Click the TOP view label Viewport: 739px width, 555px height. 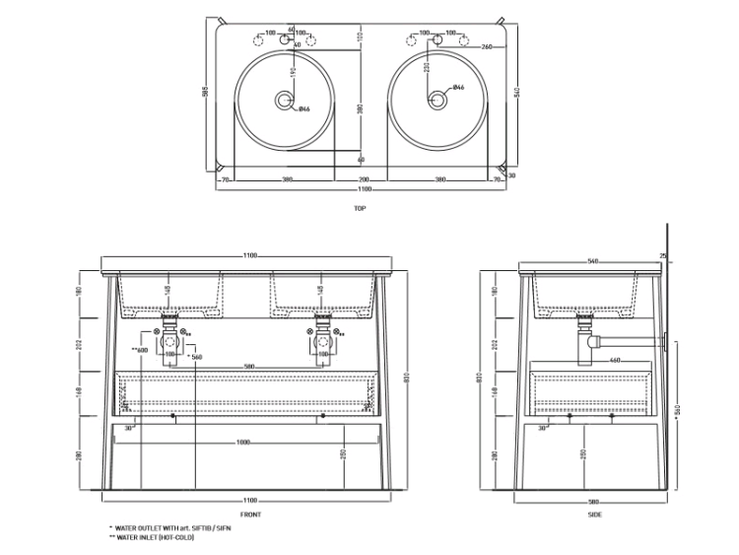(360, 208)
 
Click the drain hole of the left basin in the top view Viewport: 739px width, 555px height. (285, 99)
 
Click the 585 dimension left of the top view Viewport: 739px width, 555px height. (206, 93)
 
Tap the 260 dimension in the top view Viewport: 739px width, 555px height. (487, 47)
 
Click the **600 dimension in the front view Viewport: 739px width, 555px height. (140, 351)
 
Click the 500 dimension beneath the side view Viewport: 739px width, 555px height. (596, 502)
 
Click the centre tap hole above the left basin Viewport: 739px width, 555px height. (285, 42)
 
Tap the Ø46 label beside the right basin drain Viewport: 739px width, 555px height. (458, 89)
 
